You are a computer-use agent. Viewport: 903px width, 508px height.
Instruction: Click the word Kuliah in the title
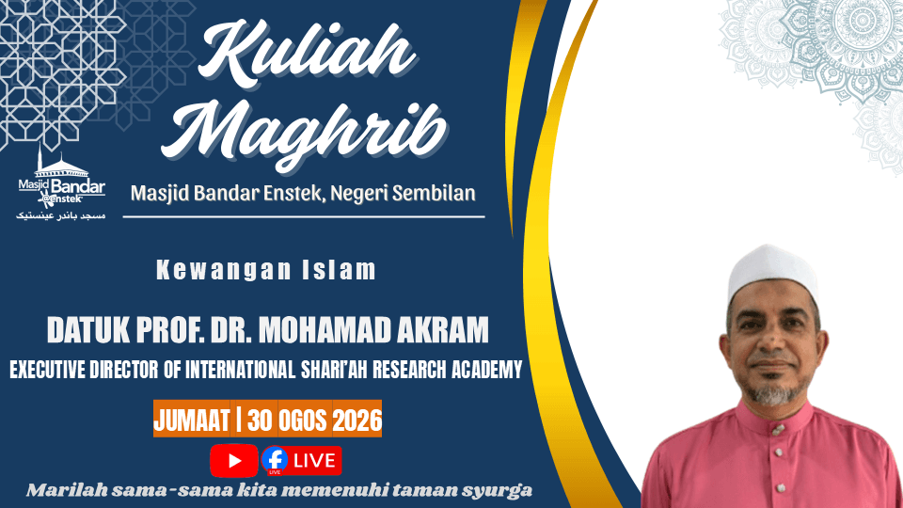point(307,53)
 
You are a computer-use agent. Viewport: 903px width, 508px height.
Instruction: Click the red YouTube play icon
point(234,461)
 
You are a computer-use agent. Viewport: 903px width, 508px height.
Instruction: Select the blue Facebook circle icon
point(275,460)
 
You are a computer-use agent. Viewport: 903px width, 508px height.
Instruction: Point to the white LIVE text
point(314,461)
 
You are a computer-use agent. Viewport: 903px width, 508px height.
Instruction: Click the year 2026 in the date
point(357,421)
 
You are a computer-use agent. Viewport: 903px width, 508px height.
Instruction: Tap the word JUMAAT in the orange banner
point(192,421)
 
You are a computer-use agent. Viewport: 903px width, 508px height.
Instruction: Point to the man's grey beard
point(774,393)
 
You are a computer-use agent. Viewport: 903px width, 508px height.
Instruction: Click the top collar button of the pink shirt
point(778,430)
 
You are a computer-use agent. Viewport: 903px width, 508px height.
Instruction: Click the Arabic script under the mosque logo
point(61,215)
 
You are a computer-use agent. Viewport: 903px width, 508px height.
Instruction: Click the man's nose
point(768,340)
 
